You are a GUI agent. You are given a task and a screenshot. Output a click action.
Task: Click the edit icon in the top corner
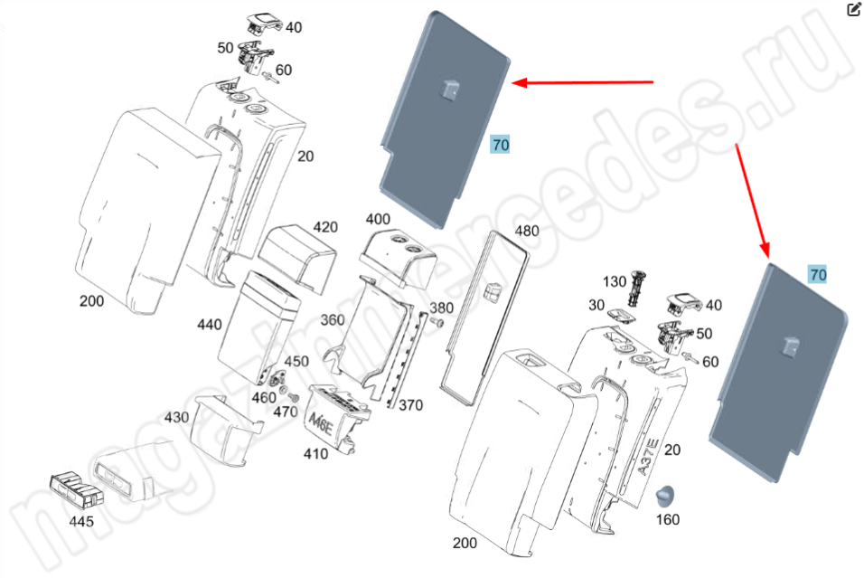[x=854, y=10]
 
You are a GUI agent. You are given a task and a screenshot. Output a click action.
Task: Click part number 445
[x=81, y=522]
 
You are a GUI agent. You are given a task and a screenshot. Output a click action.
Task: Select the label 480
[x=526, y=231]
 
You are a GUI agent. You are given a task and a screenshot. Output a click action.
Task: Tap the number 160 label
[x=667, y=519]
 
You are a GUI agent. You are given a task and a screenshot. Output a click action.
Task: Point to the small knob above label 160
[x=667, y=496]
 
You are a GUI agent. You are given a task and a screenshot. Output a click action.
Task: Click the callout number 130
[x=615, y=282]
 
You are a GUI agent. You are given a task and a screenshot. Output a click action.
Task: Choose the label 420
[x=325, y=226]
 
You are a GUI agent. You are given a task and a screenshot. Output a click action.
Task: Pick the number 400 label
[x=378, y=220]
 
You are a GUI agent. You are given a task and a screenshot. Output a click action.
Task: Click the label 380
[x=441, y=308]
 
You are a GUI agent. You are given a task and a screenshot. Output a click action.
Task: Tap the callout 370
[x=410, y=405]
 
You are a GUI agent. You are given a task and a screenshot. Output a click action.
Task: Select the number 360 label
[x=332, y=320]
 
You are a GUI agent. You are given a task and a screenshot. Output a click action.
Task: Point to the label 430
[x=176, y=417]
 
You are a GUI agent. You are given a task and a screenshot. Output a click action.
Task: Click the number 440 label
[x=209, y=324]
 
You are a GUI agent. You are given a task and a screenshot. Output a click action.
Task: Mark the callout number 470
[x=286, y=412]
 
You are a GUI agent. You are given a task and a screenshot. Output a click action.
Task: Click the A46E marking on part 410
[x=320, y=423]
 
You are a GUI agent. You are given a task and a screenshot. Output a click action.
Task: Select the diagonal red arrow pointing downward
[x=753, y=199]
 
